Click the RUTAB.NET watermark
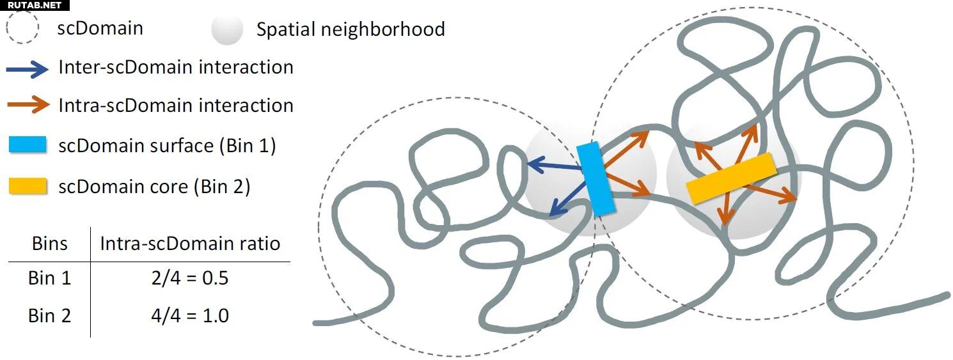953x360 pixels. tap(35, 5)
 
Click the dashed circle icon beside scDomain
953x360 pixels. tap(7, 27)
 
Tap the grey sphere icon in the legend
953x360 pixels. tap(227, 30)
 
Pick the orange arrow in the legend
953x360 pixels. tap(29, 105)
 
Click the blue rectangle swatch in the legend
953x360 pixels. tap(28, 145)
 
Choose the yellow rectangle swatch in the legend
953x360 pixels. tap(28, 186)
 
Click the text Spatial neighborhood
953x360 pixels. tap(350, 29)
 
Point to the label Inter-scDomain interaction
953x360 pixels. tap(176, 67)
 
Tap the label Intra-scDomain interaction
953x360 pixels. tap(176, 105)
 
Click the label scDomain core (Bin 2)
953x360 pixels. tap(154, 187)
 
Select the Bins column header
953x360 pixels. tap(49, 244)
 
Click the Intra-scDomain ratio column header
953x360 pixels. tap(190, 244)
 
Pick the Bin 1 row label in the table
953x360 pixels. tap(49, 278)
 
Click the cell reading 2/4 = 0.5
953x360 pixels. tap(190, 278)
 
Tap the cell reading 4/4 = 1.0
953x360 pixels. tap(190, 316)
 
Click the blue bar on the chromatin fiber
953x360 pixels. tap(595, 179)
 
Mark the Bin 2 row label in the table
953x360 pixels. tap(49, 316)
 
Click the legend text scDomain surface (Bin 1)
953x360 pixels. tap(167, 146)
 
